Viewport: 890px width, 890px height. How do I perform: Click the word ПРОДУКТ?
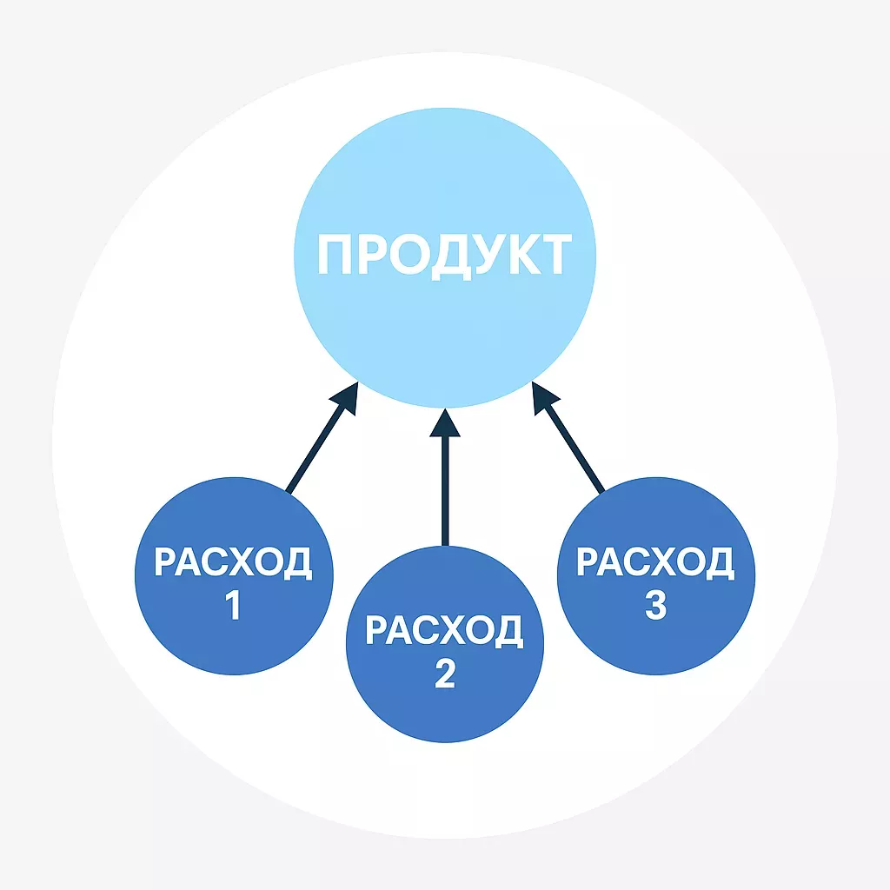444,256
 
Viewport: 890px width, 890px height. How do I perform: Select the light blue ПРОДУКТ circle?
445,257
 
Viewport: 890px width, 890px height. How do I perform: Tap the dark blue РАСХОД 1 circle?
234,576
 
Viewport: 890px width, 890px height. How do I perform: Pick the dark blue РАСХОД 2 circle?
445,644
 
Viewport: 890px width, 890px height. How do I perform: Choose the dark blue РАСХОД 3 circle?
656,576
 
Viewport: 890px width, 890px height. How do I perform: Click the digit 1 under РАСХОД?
233,605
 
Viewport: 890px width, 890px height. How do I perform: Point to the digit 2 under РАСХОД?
445,674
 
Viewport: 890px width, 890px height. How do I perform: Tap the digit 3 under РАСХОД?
655,605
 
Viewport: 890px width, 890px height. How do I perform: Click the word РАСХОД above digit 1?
233,562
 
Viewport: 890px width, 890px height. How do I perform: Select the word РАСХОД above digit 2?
445,631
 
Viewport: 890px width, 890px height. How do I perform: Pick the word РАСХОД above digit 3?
656,562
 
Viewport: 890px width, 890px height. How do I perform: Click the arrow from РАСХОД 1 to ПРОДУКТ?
322,437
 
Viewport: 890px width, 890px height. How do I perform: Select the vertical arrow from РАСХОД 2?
445,477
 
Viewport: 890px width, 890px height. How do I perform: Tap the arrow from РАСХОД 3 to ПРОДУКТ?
568,436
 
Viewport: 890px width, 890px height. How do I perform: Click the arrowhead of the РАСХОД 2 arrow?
445,423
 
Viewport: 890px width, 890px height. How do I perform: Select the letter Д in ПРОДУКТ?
452,258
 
